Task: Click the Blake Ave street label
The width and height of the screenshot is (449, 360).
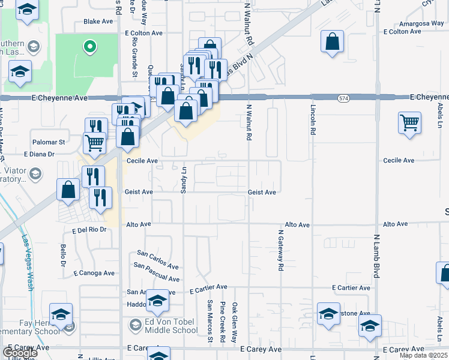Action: point(98,21)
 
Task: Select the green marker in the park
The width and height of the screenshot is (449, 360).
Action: point(89,46)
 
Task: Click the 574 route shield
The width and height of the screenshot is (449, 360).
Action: point(343,97)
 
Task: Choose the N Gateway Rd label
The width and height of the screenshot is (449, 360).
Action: point(280,250)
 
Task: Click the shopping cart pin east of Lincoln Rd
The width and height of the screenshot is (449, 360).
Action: point(409,124)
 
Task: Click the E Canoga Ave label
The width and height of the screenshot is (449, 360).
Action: point(94,273)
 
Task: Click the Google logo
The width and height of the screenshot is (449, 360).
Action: point(19,352)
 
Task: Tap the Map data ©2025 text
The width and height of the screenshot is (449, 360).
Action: point(423,355)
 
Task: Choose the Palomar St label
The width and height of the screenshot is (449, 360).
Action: point(49,142)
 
